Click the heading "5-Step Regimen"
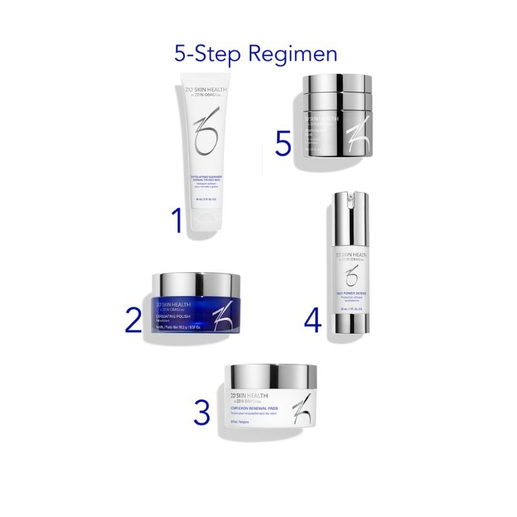(256, 54)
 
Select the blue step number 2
(132, 320)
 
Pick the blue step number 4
(312, 320)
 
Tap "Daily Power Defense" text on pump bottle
(350, 294)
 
